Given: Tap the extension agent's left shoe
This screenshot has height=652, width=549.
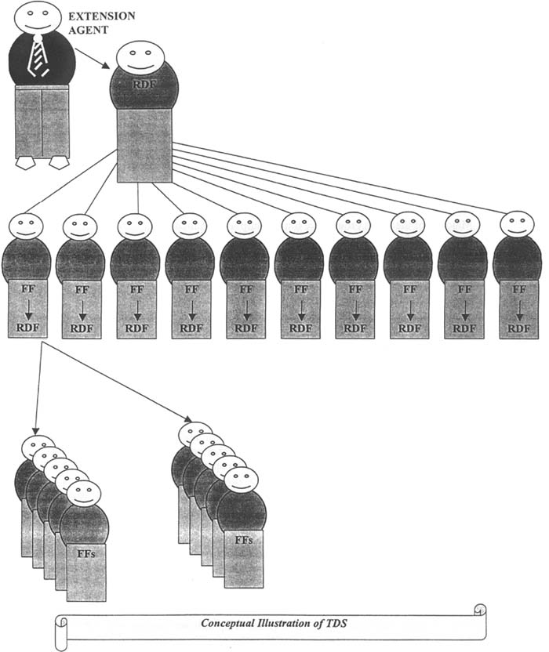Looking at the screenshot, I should click(26, 162).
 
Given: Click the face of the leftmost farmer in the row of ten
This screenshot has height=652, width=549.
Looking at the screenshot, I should click(25, 227).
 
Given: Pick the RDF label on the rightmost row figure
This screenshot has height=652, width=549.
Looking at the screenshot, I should click(518, 328).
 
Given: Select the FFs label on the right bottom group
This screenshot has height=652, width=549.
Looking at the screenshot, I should click(243, 542).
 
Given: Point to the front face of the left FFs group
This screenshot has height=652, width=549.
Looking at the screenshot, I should click(83, 494).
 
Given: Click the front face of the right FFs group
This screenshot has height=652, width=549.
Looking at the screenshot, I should click(241, 480).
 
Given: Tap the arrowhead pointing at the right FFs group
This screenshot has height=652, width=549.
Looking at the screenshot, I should click(188, 420).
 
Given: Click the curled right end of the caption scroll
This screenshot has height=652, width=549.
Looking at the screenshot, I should click(479, 610).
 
